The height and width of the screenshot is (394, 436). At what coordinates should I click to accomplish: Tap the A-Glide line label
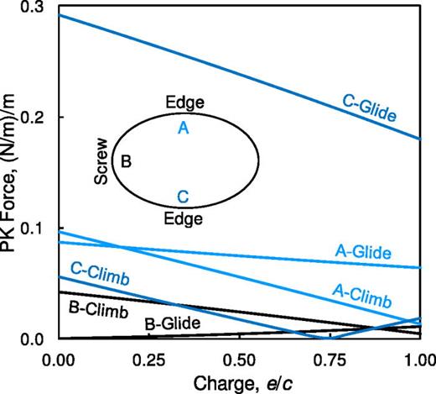(x=363, y=250)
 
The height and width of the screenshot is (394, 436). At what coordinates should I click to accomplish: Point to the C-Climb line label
(x=99, y=275)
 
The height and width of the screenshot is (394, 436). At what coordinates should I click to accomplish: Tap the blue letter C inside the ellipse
(x=184, y=197)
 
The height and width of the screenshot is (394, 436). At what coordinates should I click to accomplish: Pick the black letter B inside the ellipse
(x=127, y=161)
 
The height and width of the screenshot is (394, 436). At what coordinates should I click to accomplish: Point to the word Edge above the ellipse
(x=184, y=104)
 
